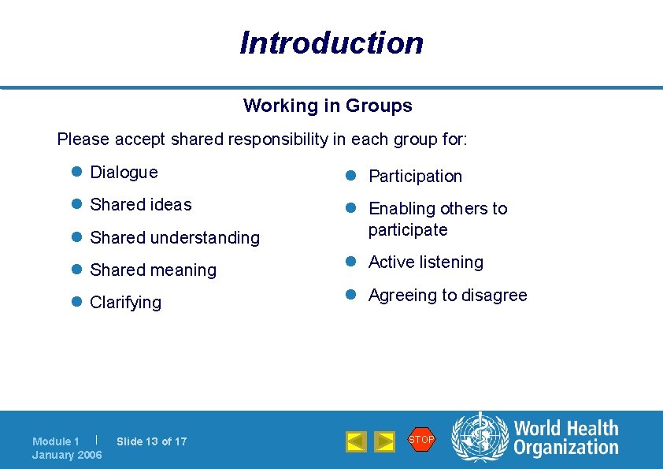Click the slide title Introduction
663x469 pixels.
coord(331,43)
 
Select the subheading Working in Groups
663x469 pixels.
coord(328,106)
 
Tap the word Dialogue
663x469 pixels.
coord(124,172)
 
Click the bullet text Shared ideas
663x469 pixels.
coord(141,205)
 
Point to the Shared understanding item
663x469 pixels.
coord(175,237)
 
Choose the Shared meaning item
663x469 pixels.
coord(153,270)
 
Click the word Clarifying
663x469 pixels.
coord(126,303)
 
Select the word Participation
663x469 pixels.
coord(415,177)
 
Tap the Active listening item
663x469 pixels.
coord(426,262)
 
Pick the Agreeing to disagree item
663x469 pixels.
coord(448,296)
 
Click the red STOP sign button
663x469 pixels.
coord(421,439)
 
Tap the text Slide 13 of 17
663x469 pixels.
coord(152,441)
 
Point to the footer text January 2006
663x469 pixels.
coord(67,455)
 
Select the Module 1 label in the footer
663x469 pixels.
coord(56,441)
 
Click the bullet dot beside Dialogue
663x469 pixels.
coord(76,172)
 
